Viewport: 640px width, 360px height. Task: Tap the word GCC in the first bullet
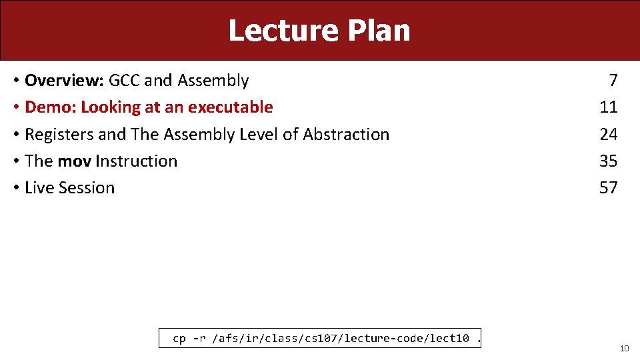click(125, 81)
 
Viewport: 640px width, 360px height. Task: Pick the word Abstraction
click(346, 135)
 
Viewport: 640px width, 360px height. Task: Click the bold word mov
click(75, 161)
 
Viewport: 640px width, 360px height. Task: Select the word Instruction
click(137, 161)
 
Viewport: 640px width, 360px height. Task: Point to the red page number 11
click(609, 107)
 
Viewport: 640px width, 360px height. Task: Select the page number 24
click(609, 135)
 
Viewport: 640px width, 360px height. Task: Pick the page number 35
click(609, 161)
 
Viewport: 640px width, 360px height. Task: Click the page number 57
click(609, 188)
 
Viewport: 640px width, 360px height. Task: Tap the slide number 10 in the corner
click(624, 349)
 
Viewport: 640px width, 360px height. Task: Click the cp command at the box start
click(179, 339)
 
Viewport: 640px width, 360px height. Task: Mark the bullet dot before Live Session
click(15, 188)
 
